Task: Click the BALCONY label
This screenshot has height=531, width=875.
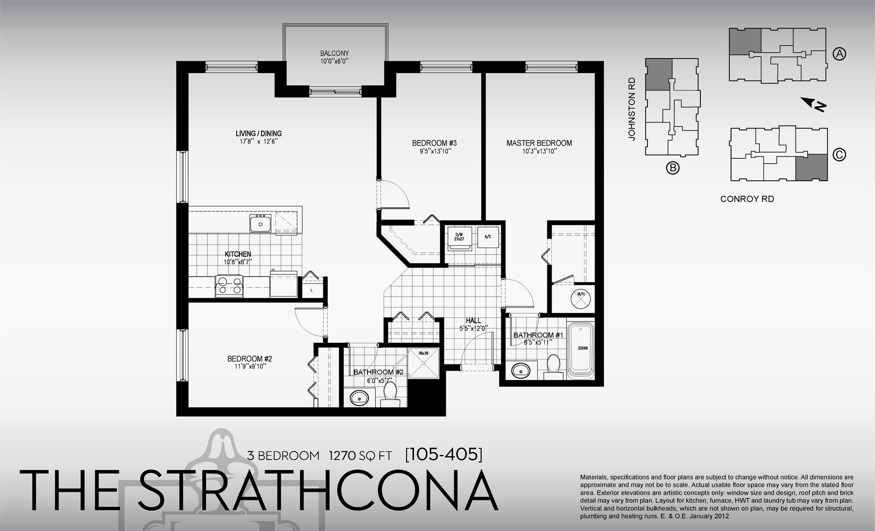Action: click(x=334, y=53)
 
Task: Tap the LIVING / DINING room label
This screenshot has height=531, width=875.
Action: click(x=259, y=133)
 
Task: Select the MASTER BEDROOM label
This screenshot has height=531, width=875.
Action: click(x=539, y=143)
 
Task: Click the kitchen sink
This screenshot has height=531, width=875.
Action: click(x=261, y=224)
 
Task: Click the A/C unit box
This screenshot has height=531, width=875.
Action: click(x=488, y=237)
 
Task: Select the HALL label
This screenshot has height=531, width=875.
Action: click(x=473, y=321)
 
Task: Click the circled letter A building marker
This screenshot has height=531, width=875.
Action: click(x=839, y=54)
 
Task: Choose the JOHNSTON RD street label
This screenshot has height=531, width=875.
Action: click(x=631, y=109)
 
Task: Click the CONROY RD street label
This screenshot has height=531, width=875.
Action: click(x=747, y=199)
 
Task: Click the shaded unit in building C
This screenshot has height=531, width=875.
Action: click(x=811, y=167)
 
